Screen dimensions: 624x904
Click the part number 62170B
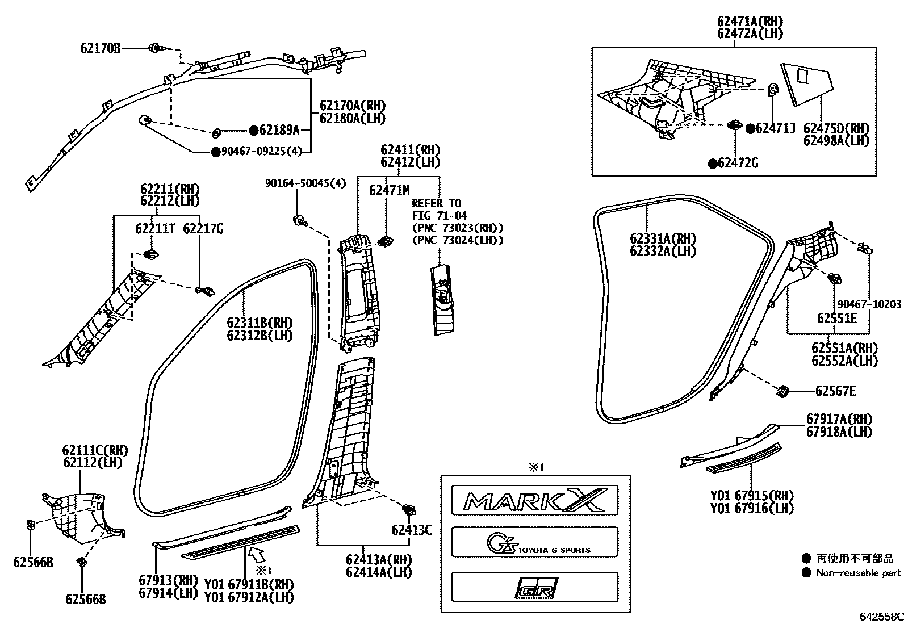point(101,49)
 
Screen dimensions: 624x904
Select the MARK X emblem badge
point(534,500)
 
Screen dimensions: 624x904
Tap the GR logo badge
point(534,588)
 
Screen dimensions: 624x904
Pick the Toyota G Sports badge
point(534,542)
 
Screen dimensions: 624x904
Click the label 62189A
point(278,131)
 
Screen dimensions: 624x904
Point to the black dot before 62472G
point(712,164)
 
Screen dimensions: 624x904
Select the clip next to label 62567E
point(782,391)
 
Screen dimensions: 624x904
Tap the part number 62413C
point(412,530)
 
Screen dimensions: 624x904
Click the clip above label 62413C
point(408,509)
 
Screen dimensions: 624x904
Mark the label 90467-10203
point(868,305)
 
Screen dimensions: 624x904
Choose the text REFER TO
point(436,203)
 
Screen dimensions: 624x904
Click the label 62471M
point(389,191)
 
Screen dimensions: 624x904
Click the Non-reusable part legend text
point(858,573)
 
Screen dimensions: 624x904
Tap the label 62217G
point(203,229)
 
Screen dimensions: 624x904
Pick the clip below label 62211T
point(151,254)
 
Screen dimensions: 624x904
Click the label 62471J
point(775,129)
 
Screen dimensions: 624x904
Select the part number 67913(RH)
point(168,580)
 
